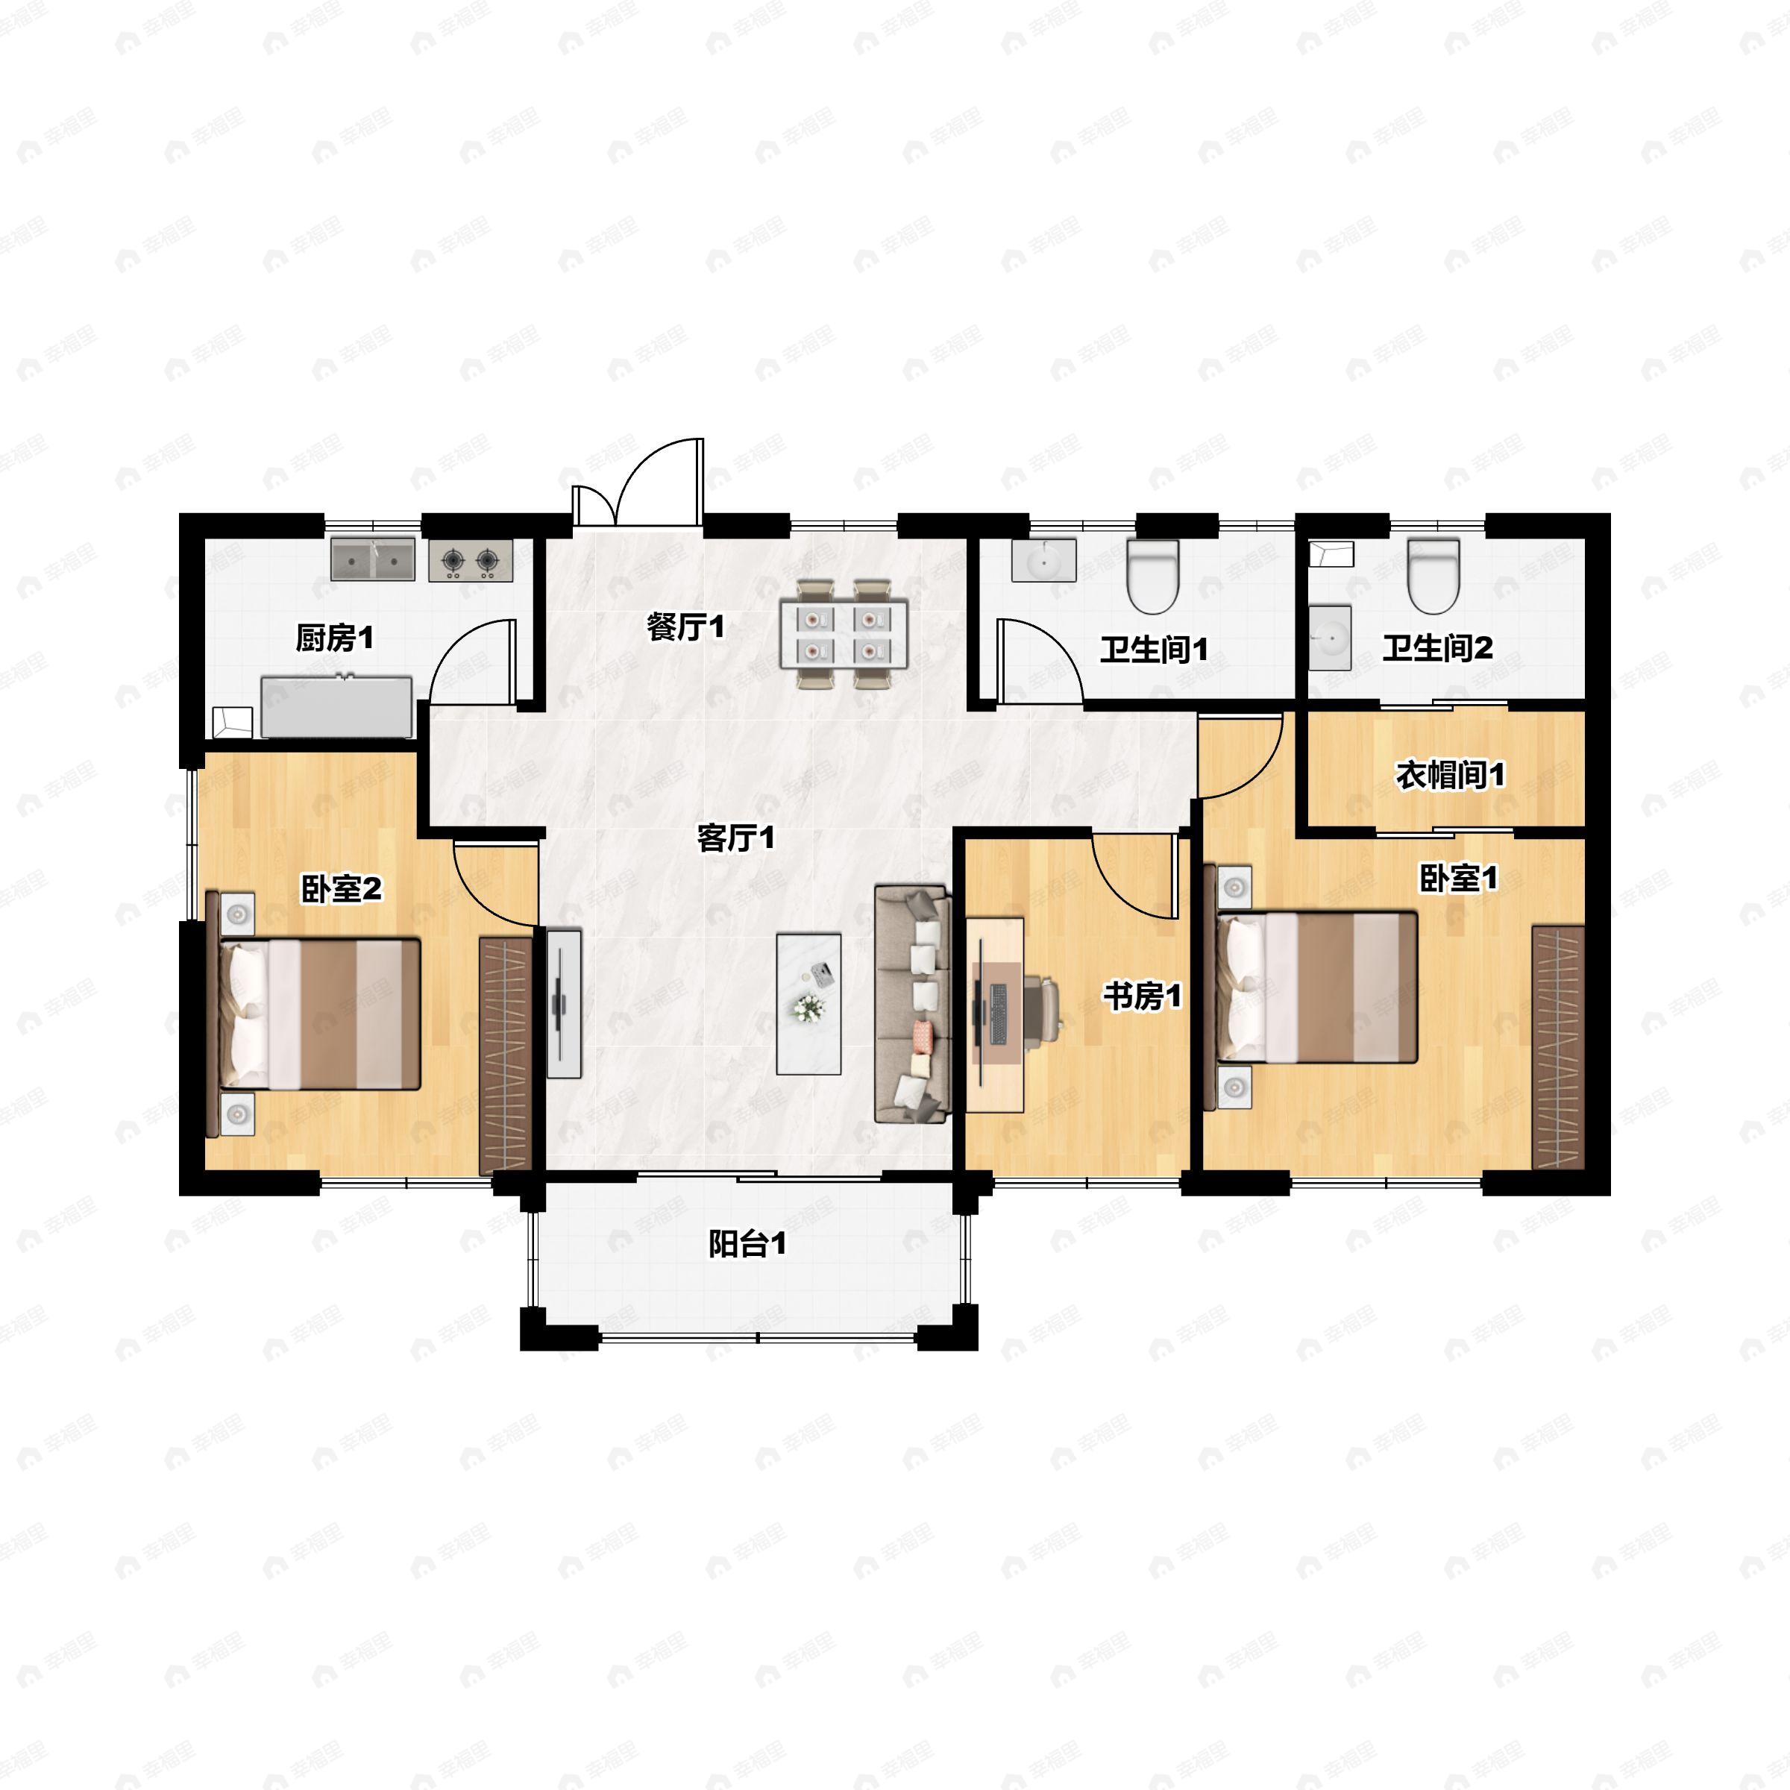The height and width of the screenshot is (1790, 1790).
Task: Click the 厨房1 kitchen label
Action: (x=334, y=638)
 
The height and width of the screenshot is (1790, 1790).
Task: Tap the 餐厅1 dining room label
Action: (x=685, y=627)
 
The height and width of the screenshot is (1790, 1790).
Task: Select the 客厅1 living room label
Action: (x=735, y=838)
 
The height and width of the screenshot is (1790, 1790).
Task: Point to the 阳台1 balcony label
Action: (x=747, y=1243)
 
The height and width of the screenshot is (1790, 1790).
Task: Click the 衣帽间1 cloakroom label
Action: (x=1451, y=776)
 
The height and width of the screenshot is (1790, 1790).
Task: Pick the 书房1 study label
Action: (x=1143, y=997)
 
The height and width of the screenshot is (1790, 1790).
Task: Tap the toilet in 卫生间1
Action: (x=1152, y=577)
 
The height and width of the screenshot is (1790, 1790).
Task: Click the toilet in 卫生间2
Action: (x=1433, y=577)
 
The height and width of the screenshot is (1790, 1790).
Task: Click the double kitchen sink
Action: (x=374, y=559)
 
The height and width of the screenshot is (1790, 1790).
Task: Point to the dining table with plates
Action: (x=843, y=635)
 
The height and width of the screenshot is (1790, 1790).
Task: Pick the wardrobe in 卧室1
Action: (x=1558, y=1047)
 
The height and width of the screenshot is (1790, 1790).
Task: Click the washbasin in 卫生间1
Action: (x=1043, y=561)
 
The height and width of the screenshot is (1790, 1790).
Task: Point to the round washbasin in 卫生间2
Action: (x=1331, y=638)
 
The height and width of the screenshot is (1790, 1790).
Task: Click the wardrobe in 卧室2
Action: (x=506, y=1056)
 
